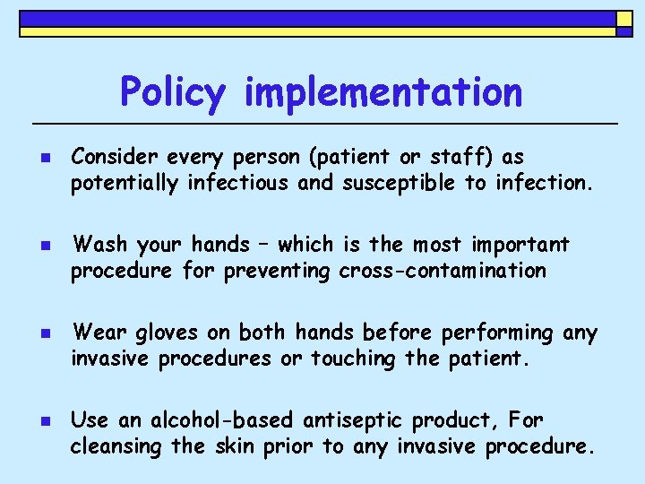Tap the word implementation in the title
click(383, 91)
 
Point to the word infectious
click(237, 183)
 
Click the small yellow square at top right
click(623, 18)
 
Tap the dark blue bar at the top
click(314, 18)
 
